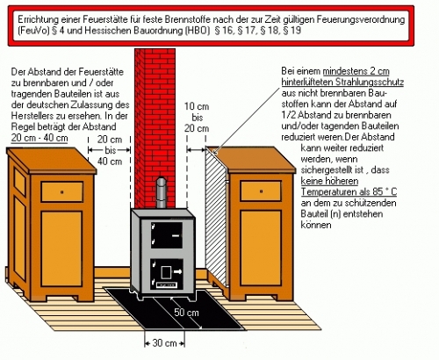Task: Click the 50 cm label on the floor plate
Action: click(x=186, y=313)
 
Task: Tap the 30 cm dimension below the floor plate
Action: click(x=164, y=343)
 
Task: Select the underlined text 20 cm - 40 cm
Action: click(x=40, y=138)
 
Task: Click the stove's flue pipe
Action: click(x=161, y=192)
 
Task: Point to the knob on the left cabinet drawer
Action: click(x=61, y=192)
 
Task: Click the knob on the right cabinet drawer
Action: click(x=261, y=191)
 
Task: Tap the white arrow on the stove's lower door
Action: click(x=177, y=272)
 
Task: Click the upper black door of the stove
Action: click(x=167, y=235)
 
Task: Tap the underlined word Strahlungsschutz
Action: click(x=370, y=83)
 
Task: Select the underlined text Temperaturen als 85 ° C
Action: click(x=349, y=192)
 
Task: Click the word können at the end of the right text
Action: click(x=316, y=225)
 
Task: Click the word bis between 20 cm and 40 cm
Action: click(x=111, y=150)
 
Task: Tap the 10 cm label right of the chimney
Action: click(x=197, y=106)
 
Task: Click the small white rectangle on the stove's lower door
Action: click(x=166, y=272)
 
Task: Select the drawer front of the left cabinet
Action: click(x=62, y=191)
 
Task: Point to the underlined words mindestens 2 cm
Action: click(x=356, y=71)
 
